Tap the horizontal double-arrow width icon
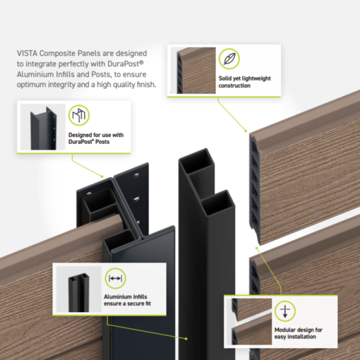[x=114, y=278]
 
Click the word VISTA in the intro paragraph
[x=28, y=53]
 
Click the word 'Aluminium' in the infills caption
[x=121, y=297]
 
